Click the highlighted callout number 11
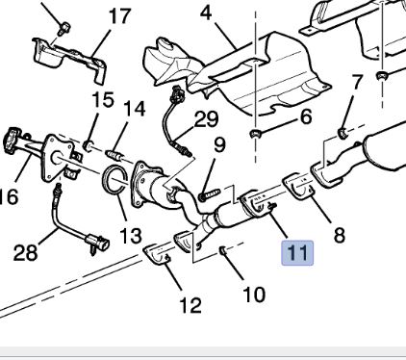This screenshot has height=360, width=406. pyautogui.click(x=297, y=253)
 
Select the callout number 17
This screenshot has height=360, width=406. pyautogui.click(x=119, y=16)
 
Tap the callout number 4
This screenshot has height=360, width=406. pyautogui.click(x=206, y=13)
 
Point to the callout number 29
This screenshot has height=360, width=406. pyautogui.click(x=206, y=119)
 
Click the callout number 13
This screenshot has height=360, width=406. pyautogui.click(x=131, y=236)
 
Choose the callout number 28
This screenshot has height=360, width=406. pyautogui.click(x=25, y=252)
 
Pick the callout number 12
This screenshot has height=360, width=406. pyautogui.click(x=190, y=305)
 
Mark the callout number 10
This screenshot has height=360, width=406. pyautogui.click(x=254, y=295)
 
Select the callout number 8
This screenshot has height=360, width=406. pyautogui.click(x=340, y=235)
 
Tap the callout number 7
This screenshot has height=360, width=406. pyautogui.click(x=357, y=83)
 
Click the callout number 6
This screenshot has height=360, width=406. pyautogui.click(x=306, y=116)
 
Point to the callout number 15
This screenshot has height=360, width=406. pyautogui.click(x=103, y=99)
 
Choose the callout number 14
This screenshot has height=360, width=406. pyautogui.click(x=135, y=109)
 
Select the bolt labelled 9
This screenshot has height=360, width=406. pyautogui.click(x=210, y=194)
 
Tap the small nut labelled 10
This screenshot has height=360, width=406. pyautogui.click(x=223, y=250)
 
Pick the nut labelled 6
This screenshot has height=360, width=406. pyautogui.click(x=256, y=134)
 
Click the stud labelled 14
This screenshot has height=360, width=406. pyautogui.click(x=114, y=156)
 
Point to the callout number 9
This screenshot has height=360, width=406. pyautogui.click(x=219, y=145)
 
